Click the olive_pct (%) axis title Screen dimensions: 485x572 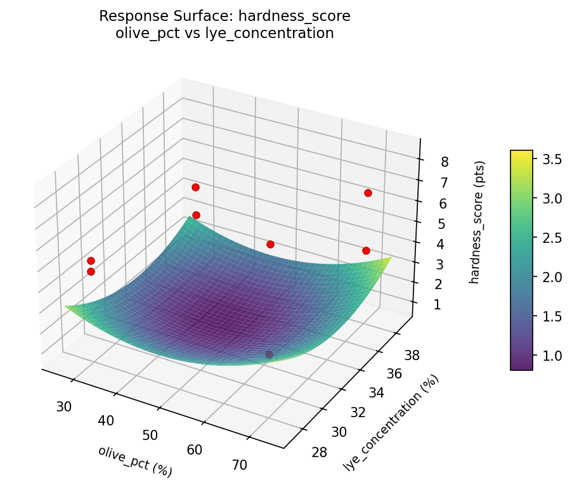pyautogui.click(x=135, y=461)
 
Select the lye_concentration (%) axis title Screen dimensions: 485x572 pyautogui.click(x=391, y=423)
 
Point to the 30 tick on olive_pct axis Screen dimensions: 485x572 pyautogui.click(x=63, y=406)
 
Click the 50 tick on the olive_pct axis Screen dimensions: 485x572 pyautogui.click(x=150, y=435)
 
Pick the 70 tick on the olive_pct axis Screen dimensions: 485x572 pyautogui.click(x=240, y=465)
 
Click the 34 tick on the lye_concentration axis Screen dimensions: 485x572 pyautogui.click(x=377, y=393)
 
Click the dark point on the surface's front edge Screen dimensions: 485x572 pyautogui.click(x=269, y=354)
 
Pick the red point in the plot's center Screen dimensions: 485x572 pyautogui.click(x=270, y=244)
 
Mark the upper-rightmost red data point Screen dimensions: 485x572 pyautogui.click(x=368, y=193)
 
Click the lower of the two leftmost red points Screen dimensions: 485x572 pyautogui.click(x=91, y=271)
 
